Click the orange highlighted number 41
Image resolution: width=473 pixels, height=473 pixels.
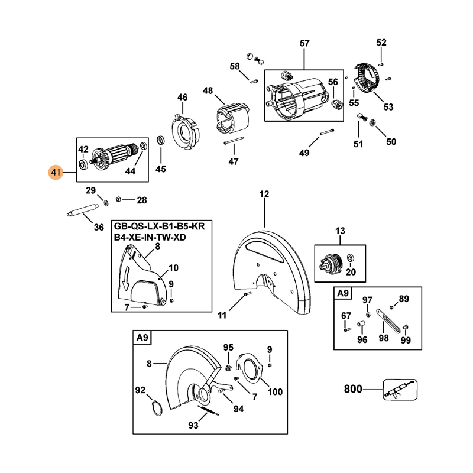[x=56, y=173]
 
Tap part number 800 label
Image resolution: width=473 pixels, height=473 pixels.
[x=354, y=390]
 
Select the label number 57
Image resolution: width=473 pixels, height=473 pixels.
[x=304, y=43]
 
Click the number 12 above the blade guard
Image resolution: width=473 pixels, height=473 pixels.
[x=264, y=193]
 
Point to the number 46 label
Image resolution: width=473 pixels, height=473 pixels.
[x=182, y=98]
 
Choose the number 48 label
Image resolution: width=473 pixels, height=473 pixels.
[x=208, y=90]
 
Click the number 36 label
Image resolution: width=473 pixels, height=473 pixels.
[x=99, y=227]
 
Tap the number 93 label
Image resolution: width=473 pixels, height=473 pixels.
[x=193, y=425]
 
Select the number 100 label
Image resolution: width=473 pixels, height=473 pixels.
[x=276, y=391]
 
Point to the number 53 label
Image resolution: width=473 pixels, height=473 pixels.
[x=388, y=107]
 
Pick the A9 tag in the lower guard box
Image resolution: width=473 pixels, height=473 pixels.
[x=142, y=338]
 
